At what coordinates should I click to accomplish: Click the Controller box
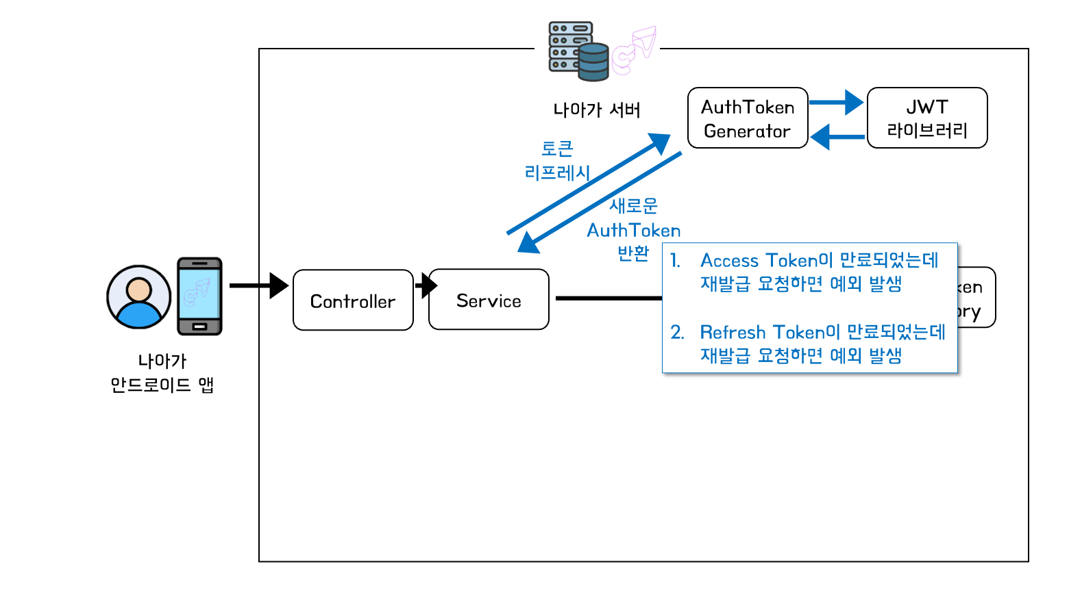click(x=353, y=300)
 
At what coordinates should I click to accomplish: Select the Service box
click(x=489, y=300)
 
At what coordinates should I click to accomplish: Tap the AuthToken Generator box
click(x=748, y=118)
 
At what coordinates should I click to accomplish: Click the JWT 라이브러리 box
click(x=927, y=118)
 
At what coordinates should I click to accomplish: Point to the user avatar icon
click(x=138, y=297)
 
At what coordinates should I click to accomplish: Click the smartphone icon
click(x=199, y=296)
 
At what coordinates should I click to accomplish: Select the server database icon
click(x=578, y=51)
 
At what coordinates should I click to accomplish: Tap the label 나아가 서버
click(x=596, y=110)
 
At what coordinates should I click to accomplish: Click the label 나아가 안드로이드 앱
click(x=162, y=373)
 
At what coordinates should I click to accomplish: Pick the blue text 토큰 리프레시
click(x=557, y=161)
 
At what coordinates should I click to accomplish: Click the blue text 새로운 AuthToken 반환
click(x=634, y=229)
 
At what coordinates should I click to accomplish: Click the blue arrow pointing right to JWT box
click(x=836, y=103)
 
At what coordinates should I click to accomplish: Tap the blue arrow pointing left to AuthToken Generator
click(x=837, y=137)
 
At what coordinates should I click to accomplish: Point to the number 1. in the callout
click(x=676, y=261)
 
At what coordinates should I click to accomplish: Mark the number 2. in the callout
click(x=677, y=333)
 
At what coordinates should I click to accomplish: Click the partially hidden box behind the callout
click(x=976, y=298)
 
